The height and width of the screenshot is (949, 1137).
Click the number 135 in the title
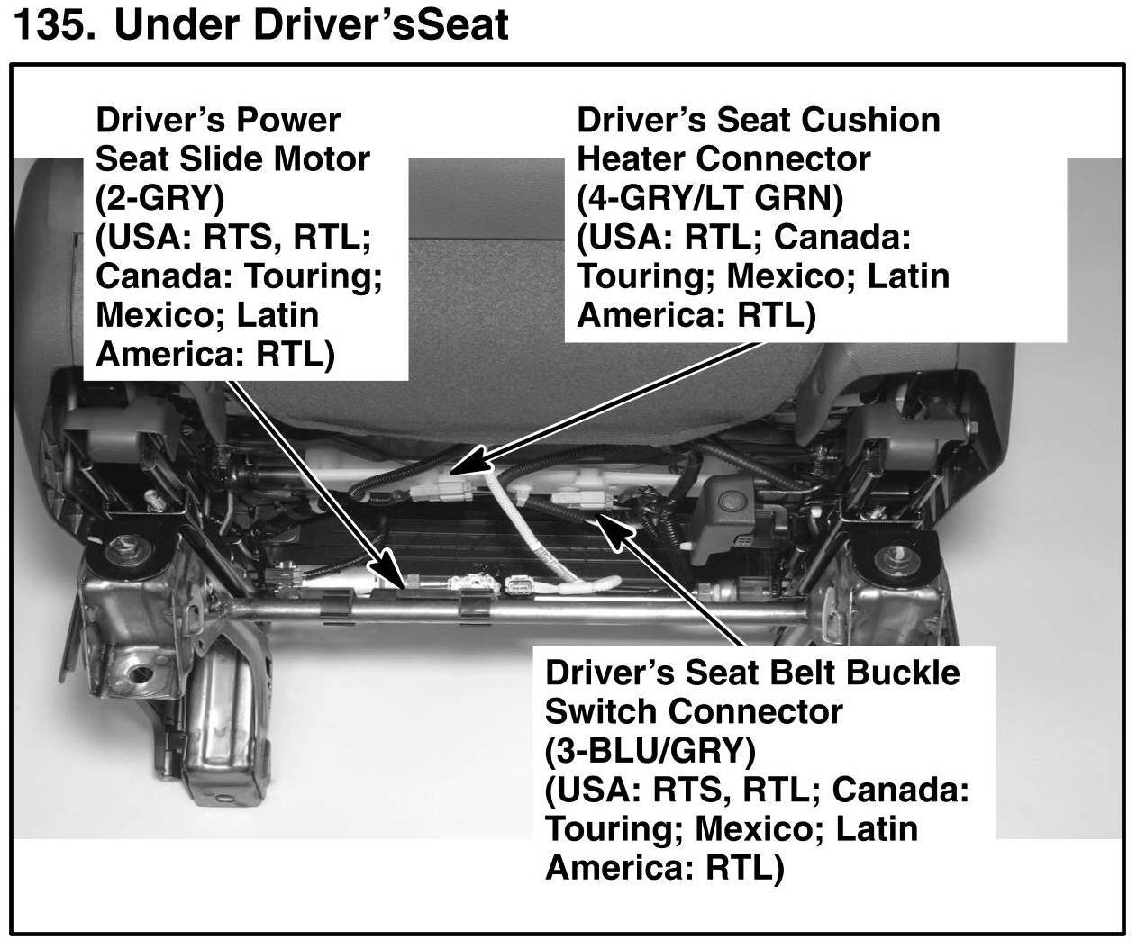54,25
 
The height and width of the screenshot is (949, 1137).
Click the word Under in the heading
177,25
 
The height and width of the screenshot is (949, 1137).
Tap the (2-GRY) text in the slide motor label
160,199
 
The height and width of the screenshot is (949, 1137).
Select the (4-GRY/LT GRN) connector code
710,199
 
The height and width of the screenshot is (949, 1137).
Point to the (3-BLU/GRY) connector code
650,752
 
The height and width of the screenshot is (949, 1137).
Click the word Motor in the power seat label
322,158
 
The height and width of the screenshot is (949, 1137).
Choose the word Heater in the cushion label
632,158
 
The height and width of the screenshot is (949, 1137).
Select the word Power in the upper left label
288,120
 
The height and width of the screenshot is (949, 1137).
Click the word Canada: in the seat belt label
901,791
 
